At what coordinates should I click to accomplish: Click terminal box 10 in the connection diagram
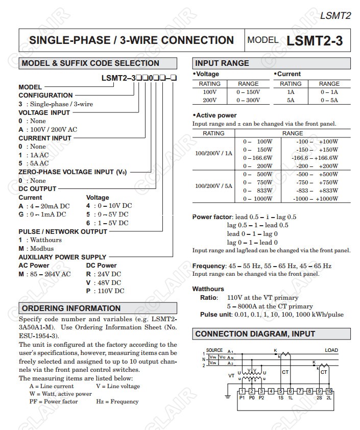pos(329,391)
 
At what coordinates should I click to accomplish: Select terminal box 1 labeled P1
pos(242,391)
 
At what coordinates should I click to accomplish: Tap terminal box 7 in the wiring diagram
pos(300,391)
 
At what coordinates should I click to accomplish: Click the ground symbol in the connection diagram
pos(228,396)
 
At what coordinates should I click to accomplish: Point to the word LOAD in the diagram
pos(331,350)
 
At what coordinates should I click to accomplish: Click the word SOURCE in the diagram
pos(214,350)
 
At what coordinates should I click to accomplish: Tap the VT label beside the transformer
pos(231,375)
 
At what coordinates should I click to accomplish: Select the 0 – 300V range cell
pos(248,100)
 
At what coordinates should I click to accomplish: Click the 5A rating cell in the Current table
pos(291,100)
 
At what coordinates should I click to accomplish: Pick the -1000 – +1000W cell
pos(317,199)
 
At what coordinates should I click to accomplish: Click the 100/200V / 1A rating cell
pos(213,153)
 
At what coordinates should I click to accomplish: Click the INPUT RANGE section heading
pos(222,63)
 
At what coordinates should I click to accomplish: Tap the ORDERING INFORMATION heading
pos(71,308)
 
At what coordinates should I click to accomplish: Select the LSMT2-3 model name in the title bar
pos(315,41)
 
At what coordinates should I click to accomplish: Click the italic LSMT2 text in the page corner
pos(335,15)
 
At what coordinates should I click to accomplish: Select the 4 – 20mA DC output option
pos(50,206)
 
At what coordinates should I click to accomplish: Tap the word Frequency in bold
pos(208,266)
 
